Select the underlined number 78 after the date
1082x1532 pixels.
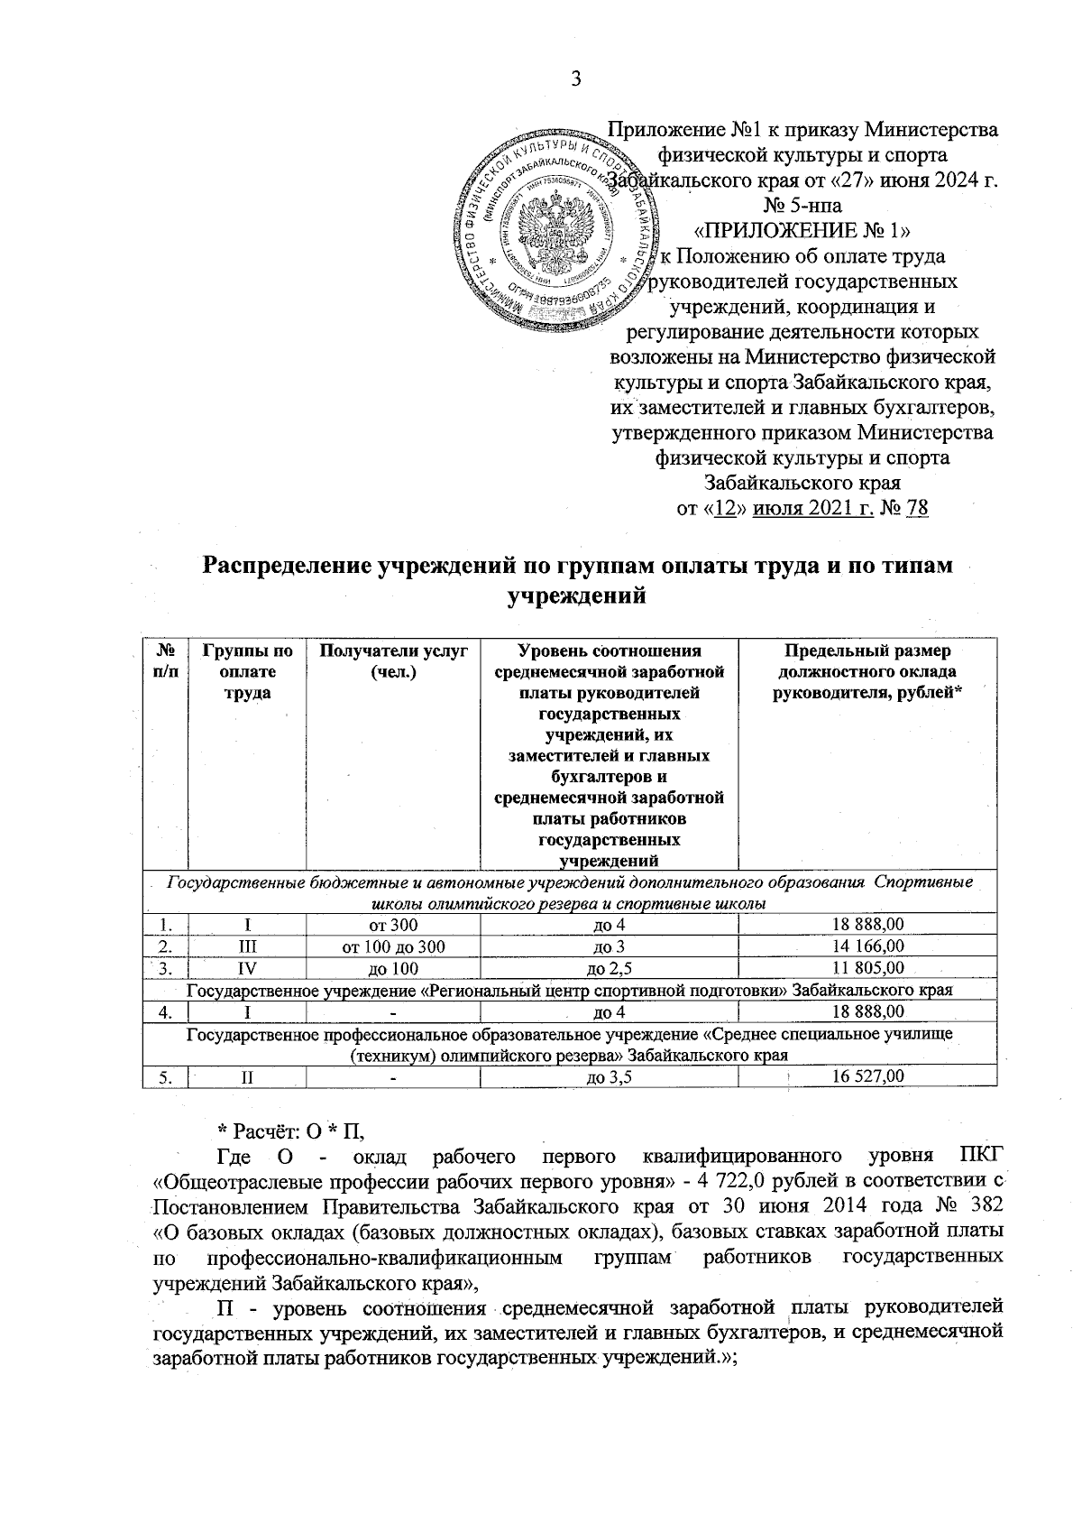point(917,508)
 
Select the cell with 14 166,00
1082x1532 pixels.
point(867,946)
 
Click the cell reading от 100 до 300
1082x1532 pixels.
point(393,946)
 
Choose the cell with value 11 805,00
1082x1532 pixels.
point(867,968)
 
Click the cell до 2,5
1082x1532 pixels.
point(609,968)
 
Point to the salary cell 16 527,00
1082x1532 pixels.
point(867,1076)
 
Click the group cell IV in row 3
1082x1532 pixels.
point(247,968)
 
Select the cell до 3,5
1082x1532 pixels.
point(609,1076)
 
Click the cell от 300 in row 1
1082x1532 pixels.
point(393,925)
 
